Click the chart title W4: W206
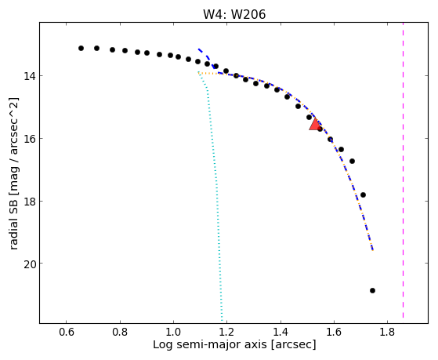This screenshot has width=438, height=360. tap(234, 14)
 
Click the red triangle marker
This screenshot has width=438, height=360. tap(315, 125)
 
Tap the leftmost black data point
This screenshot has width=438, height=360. tap(81, 48)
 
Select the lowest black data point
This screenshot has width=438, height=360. tap(372, 290)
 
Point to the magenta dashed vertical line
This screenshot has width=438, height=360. tap(403, 170)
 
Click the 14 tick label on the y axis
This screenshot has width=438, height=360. tap(29, 76)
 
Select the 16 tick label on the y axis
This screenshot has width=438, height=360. tap(29, 139)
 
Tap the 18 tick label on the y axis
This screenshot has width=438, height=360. tap(29, 202)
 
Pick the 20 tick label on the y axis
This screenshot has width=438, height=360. tap(29, 264)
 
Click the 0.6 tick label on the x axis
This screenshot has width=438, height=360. tap(66, 332)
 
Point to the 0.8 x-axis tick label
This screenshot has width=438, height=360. tap(120, 332)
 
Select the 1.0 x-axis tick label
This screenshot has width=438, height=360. tap(173, 332)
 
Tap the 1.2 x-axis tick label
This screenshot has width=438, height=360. tap(226, 332)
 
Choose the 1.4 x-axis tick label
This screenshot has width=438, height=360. tap(281, 332)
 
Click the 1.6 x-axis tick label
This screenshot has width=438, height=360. tap(334, 332)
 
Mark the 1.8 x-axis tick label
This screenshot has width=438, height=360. tap(387, 332)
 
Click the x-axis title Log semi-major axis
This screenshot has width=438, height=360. tap(210, 345)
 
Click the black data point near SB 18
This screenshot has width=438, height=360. tap(363, 195)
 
